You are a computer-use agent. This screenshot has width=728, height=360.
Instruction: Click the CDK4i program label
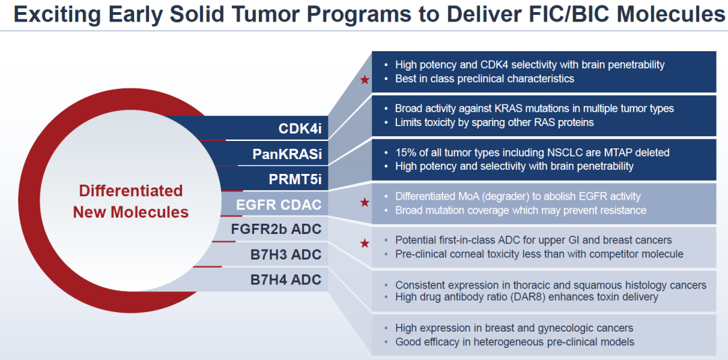pos(300,128)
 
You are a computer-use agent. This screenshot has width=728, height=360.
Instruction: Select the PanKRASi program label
pos(287,154)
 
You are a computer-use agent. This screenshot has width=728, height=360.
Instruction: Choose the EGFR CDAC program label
pos(278,204)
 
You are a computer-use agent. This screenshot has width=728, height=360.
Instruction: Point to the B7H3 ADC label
pos(286,254)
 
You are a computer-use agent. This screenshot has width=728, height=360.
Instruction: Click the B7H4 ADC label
pos(286,279)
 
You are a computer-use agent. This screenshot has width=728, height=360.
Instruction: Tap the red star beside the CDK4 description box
pos(365,80)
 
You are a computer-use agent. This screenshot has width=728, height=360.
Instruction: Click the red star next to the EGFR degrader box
pos(365,202)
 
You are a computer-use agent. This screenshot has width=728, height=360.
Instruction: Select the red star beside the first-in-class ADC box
pos(365,243)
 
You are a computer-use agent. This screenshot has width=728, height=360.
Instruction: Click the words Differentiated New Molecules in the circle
pos(131,201)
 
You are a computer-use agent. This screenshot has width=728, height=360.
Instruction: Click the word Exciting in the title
pos(61,14)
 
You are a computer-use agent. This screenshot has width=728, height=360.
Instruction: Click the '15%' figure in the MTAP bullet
pos(405,152)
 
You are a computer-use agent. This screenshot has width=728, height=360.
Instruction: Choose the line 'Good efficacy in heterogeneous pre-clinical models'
pos(514,342)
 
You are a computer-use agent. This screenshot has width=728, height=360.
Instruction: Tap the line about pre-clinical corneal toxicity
pos(539,254)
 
